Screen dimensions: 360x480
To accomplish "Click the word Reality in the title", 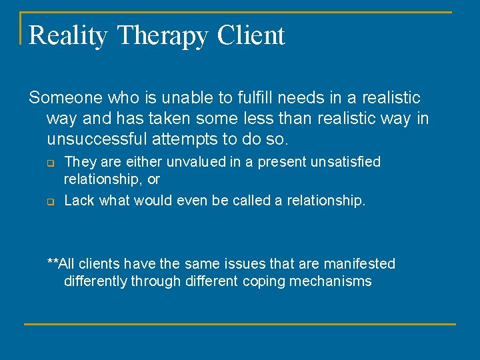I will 67,36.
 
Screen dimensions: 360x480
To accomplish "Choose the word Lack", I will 79,201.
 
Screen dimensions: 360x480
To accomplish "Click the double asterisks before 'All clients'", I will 53,263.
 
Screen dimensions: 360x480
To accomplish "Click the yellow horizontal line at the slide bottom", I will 240,324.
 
